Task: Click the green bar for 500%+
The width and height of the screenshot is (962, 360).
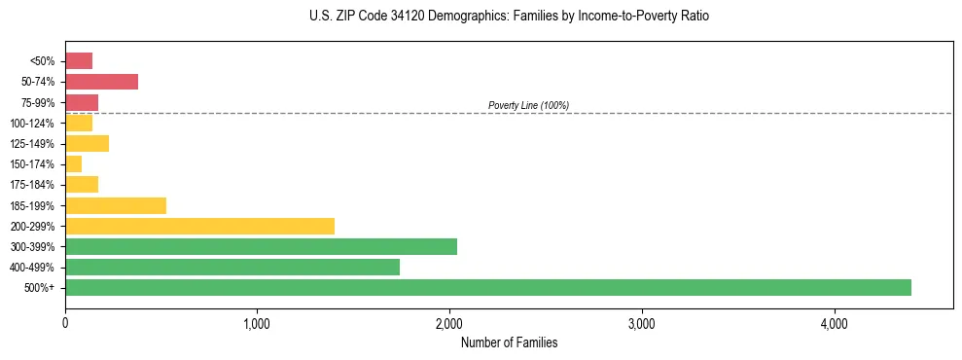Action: (487, 287)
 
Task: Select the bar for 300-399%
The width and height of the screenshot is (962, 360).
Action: (261, 246)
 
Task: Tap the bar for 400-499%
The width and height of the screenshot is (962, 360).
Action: (232, 267)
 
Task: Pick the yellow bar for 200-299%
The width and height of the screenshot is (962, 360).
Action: (199, 226)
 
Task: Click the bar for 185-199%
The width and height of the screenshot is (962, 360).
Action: (116, 205)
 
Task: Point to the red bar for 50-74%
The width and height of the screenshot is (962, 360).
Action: (101, 82)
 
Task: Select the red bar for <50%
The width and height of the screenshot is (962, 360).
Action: (79, 61)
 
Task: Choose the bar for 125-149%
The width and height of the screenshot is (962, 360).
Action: (87, 144)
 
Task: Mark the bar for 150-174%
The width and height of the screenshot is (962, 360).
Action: (74, 164)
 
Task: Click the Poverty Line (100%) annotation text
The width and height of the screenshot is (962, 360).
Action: (528, 105)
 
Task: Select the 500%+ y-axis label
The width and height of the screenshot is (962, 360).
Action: (40, 288)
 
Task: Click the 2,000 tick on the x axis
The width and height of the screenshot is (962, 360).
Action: (449, 323)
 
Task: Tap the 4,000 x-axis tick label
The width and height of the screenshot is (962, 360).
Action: (834, 323)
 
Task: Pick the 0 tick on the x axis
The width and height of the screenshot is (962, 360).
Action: (65, 323)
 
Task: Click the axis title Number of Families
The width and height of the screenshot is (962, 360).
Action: (509, 342)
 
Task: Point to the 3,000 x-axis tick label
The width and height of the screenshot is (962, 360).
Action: (642, 323)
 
